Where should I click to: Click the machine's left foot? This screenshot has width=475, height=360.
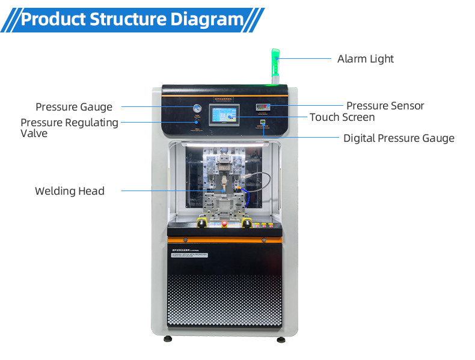click(x=168, y=339)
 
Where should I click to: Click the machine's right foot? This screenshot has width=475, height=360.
click(x=281, y=339)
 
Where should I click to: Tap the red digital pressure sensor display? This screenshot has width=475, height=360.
click(x=263, y=107)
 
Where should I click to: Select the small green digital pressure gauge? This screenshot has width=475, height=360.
click(x=263, y=123)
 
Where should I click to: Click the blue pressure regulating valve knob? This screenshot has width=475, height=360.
click(x=197, y=122)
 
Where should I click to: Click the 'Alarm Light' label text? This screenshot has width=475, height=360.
click(x=365, y=59)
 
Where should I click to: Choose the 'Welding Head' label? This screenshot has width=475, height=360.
click(x=69, y=191)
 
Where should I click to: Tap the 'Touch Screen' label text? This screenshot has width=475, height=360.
click(x=342, y=117)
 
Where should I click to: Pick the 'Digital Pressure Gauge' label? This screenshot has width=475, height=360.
click(x=398, y=138)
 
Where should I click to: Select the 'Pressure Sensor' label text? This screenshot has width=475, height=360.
click(x=385, y=106)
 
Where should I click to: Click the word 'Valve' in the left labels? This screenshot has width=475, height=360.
click(x=34, y=133)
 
